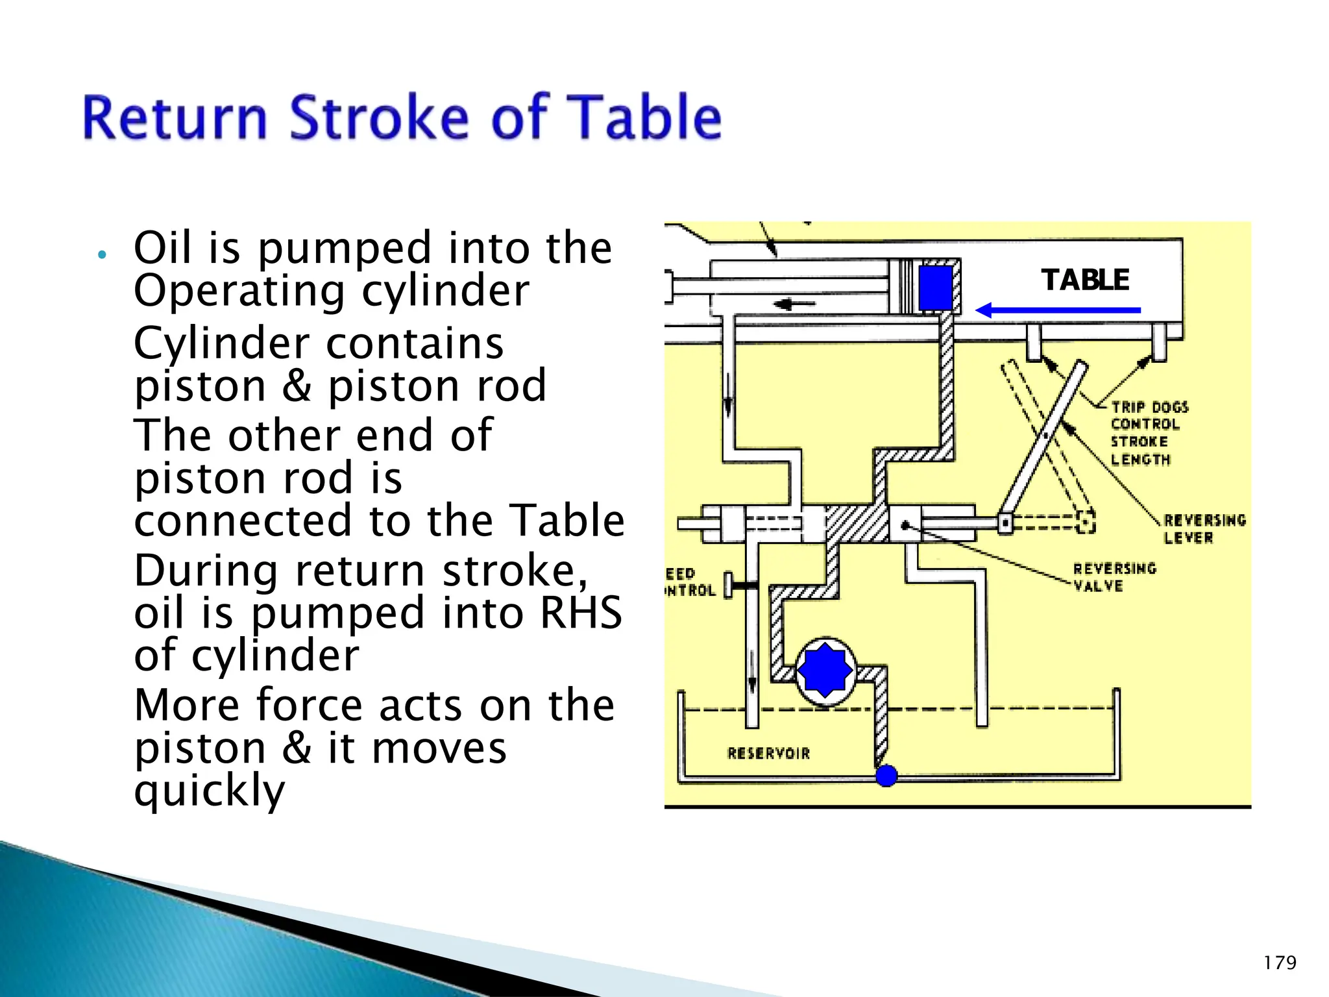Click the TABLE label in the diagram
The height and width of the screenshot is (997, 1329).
click(x=1085, y=280)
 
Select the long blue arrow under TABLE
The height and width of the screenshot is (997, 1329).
click(x=1058, y=310)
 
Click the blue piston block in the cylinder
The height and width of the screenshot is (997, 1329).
click(x=935, y=288)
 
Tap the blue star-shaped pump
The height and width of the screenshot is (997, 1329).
click(x=824, y=671)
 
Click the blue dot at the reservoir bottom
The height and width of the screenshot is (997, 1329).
click(x=886, y=775)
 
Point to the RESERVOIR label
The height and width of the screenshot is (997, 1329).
click(x=768, y=754)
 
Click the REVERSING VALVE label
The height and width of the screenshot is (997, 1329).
click(x=1114, y=577)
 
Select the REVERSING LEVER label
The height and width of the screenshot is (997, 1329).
click(x=1204, y=529)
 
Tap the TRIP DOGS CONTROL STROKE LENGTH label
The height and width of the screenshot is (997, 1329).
click(x=1149, y=433)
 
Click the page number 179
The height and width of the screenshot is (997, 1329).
click(x=1280, y=962)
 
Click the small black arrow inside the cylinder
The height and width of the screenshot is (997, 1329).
click(x=793, y=304)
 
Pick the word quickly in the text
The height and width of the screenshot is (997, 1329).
click(x=210, y=791)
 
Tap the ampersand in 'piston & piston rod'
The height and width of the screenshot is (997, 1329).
click(x=297, y=386)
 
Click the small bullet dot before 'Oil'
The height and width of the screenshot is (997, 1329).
click(x=101, y=254)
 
